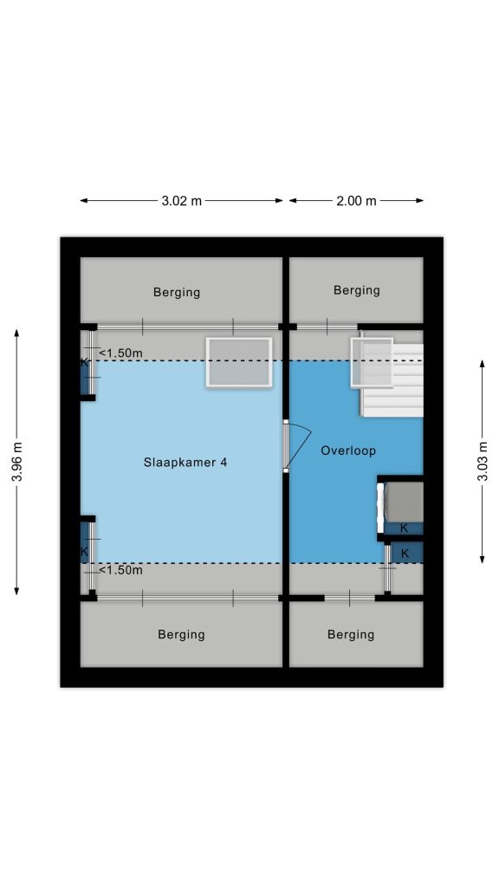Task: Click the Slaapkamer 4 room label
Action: coord(185,463)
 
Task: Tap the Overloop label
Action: coord(348,450)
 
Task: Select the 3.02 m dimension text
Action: coord(181,200)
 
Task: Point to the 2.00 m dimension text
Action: coord(356,200)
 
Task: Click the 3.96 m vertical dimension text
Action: coord(17,463)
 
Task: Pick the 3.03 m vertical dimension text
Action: coord(482,462)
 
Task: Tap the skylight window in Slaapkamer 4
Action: coord(239,362)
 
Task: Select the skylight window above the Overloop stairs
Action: coord(372,362)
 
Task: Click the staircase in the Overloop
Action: coord(392,380)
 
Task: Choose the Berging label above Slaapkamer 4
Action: coord(177,293)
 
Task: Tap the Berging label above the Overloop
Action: coord(356,290)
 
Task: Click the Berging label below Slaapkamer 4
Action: coord(181,635)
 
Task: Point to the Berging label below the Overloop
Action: coord(351,635)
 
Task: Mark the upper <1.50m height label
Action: coord(120,353)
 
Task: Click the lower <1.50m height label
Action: coord(120,570)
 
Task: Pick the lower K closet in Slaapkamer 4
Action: coord(85,543)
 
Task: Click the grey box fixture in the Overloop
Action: coord(404,502)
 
